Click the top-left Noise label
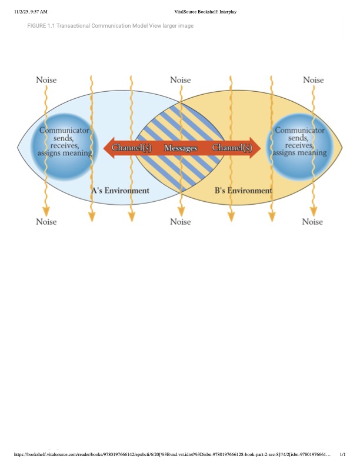[x=46, y=80]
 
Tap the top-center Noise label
[x=180, y=80]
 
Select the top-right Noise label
[x=313, y=80]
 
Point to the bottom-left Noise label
[x=46, y=222]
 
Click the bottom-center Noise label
[x=180, y=222]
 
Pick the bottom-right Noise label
[x=313, y=222]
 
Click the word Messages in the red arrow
[x=181, y=148]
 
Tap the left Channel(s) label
[x=132, y=148]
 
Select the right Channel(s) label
[x=231, y=148]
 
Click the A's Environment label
[x=120, y=191]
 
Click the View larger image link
[x=171, y=26]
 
